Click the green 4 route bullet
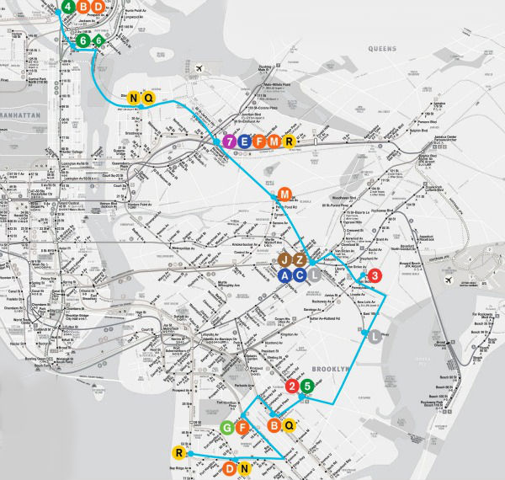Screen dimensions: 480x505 point(68,7)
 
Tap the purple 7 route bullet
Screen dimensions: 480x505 point(230,141)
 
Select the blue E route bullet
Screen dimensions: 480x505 point(245,141)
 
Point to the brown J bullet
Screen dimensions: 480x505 point(286,260)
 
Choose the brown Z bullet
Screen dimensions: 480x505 point(300,260)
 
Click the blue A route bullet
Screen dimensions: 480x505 point(286,275)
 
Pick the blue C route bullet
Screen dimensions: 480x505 point(300,275)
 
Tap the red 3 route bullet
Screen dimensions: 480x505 point(375,275)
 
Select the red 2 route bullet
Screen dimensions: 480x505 point(292,387)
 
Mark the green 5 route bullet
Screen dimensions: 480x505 point(307,387)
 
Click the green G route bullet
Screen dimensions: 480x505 point(226,428)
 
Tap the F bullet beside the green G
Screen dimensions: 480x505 point(241,428)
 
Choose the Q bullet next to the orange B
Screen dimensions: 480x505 point(288,424)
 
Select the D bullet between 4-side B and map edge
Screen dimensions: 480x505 point(98,7)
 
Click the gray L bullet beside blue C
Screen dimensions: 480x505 point(315,275)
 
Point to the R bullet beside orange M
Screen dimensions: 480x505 point(289,141)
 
